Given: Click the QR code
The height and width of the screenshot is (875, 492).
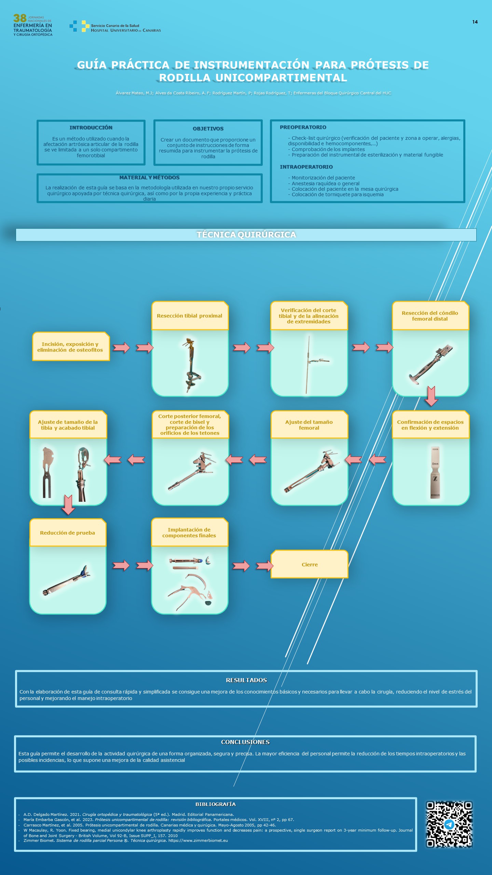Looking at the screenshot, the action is tap(449, 824).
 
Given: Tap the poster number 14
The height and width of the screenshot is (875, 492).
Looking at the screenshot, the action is tap(475, 22).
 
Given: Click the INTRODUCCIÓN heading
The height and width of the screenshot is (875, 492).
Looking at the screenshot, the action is tap(91, 127).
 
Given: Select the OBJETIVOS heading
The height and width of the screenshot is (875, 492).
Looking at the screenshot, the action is tap(208, 129).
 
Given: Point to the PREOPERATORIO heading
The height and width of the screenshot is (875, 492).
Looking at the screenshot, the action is tap(303, 127).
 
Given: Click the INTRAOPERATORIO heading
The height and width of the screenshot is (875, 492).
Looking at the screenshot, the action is tap(306, 167).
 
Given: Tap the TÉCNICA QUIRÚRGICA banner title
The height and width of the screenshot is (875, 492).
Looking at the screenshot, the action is tap(246, 234).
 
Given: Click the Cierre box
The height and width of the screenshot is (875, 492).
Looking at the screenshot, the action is tap(310, 564).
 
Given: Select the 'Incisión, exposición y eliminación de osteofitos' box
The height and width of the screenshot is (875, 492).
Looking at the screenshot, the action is tap(71, 347).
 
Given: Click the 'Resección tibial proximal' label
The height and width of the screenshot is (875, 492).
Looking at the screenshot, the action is tap(190, 316).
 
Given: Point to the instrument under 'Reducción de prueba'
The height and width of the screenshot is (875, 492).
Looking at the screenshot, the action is tap(67, 580).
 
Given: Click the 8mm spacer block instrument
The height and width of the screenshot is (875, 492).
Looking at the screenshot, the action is tap(435, 472).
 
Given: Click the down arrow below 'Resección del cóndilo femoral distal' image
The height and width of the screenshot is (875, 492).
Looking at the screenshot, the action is tap(431, 396).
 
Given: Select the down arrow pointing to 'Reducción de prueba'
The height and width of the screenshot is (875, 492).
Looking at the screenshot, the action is tap(68, 505).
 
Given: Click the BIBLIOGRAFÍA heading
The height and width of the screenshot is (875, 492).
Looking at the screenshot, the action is tap(216, 804).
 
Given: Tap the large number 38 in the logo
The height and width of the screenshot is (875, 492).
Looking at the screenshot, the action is tap(20, 18).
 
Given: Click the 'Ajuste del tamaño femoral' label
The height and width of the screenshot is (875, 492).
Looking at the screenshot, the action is tap(309, 425).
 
